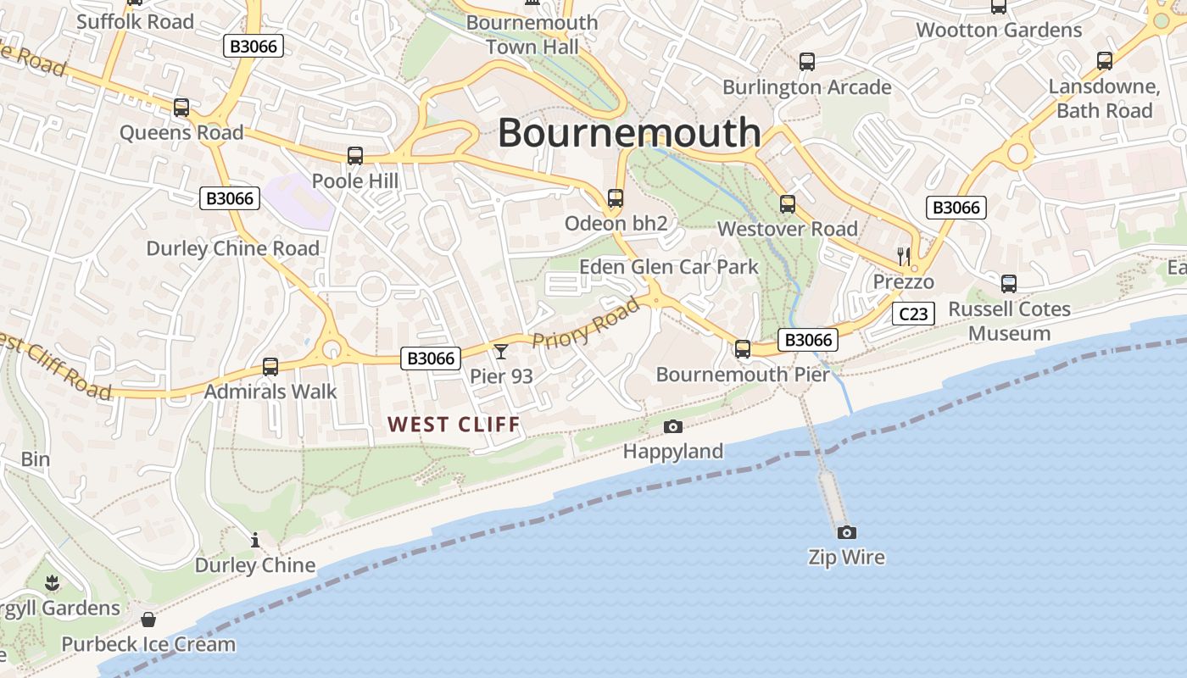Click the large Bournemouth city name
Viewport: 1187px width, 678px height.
(629, 132)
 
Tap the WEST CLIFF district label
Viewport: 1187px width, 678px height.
(453, 425)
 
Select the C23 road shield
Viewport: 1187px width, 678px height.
(913, 314)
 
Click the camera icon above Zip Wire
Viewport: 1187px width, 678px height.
(846, 532)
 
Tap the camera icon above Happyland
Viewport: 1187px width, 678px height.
(673, 426)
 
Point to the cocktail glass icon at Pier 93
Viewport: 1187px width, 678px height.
(501, 351)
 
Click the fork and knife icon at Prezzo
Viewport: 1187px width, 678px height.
(904, 256)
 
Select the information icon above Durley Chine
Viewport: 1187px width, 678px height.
(255, 540)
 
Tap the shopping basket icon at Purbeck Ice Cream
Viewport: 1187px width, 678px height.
(148, 620)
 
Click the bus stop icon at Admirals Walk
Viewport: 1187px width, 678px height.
(270, 367)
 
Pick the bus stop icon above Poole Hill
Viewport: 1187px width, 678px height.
(355, 156)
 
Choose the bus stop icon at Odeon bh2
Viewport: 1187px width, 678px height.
(616, 198)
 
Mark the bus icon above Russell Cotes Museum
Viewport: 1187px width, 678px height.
(1009, 284)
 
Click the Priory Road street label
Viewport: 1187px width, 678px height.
(586, 323)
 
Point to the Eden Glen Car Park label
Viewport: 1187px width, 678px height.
(669, 267)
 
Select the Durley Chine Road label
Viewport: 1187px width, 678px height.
(233, 248)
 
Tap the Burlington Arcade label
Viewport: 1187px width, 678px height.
(806, 87)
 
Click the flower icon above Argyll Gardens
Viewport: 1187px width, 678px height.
(53, 582)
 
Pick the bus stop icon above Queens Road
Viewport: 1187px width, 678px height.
(181, 108)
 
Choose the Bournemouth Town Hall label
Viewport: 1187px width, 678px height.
(532, 35)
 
